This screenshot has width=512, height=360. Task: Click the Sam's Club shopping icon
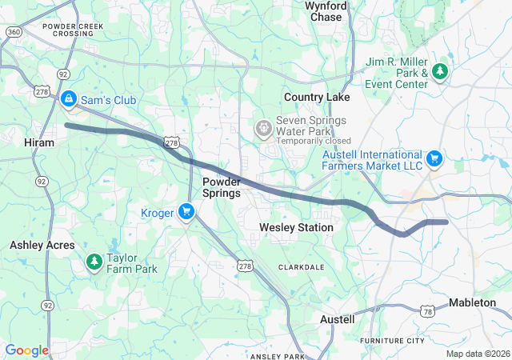(69, 99)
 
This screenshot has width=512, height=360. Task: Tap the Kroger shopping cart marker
(186, 212)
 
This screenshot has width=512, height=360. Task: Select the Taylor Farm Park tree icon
(94, 262)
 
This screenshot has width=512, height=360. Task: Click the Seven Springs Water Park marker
(263, 128)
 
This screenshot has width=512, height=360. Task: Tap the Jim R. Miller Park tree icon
(439, 72)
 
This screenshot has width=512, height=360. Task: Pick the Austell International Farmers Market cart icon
(434, 158)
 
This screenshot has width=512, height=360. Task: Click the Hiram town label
(39, 142)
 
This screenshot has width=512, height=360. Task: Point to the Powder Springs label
(222, 187)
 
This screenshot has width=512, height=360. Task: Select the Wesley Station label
(296, 228)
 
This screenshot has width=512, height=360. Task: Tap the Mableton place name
(478, 302)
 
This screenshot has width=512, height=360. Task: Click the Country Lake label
(317, 97)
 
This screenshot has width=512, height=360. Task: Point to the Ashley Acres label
(42, 245)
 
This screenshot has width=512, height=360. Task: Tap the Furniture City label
(392, 341)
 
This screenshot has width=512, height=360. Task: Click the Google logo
(26, 350)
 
